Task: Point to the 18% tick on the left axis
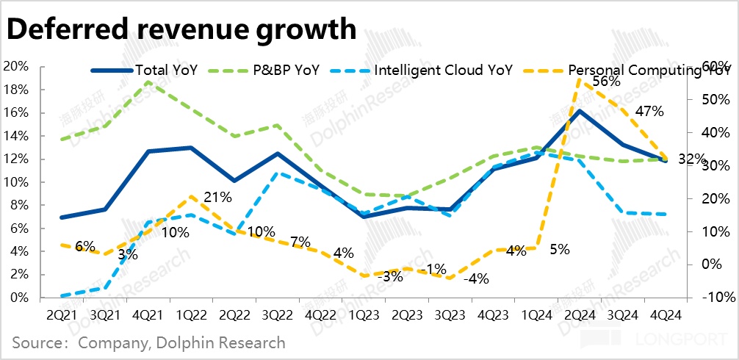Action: (16, 90)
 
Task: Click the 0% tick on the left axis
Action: (20, 298)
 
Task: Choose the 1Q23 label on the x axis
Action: (364, 314)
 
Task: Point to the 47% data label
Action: (649, 112)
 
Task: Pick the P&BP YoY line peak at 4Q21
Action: (148, 82)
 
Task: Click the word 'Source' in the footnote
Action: (35, 342)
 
